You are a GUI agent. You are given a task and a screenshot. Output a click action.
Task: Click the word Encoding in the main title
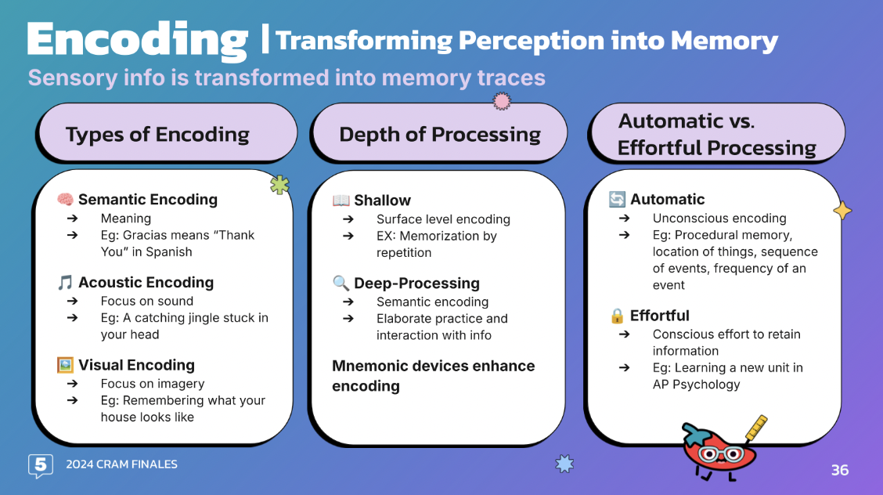click(x=137, y=39)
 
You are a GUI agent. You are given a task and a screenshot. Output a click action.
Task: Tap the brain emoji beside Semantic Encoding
click(x=65, y=200)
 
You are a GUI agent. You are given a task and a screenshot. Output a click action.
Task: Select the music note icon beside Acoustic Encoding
click(x=65, y=283)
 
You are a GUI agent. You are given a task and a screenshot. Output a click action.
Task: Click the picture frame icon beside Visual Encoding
click(x=65, y=365)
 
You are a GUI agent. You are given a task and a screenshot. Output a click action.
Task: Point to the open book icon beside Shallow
click(x=341, y=201)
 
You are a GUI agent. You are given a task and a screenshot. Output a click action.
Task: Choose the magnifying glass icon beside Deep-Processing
click(x=341, y=284)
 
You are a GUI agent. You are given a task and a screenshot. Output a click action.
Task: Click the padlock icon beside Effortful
click(x=617, y=316)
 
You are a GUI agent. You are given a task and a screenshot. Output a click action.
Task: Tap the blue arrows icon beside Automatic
click(x=617, y=200)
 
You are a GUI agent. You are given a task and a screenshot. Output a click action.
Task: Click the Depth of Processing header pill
click(x=439, y=134)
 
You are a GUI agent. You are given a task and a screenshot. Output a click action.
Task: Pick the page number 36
click(x=839, y=470)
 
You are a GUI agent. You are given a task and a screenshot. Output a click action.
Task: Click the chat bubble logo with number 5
click(x=41, y=465)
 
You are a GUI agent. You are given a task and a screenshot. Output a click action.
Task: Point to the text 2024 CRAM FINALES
click(x=121, y=464)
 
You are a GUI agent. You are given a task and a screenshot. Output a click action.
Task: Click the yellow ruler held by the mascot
click(x=755, y=428)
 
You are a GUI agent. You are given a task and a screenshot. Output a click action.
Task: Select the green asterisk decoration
click(x=279, y=185)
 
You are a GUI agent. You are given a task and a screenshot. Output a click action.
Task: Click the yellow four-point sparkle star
click(x=842, y=211)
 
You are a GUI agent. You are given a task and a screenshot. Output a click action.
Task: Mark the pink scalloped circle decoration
click(x=502, y=100)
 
